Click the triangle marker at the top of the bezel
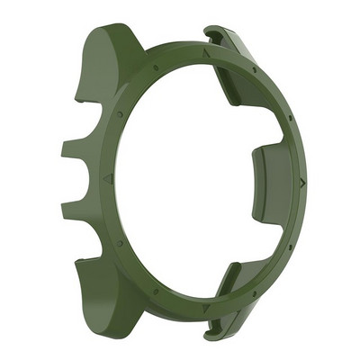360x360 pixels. point(206,53)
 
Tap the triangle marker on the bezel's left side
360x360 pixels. point(109,179)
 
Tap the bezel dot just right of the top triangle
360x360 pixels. point(255,69)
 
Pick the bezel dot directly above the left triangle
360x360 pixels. point(120,114)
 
